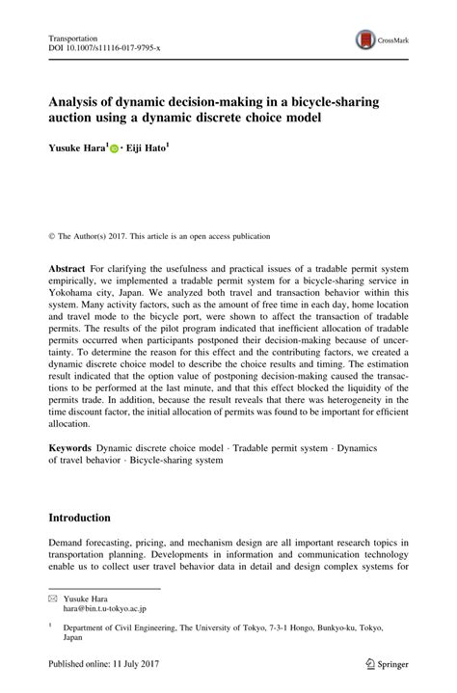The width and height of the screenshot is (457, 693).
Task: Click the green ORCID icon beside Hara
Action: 115,150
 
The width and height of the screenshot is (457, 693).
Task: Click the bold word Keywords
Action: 71,448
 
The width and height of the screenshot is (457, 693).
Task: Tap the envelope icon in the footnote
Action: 53,599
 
